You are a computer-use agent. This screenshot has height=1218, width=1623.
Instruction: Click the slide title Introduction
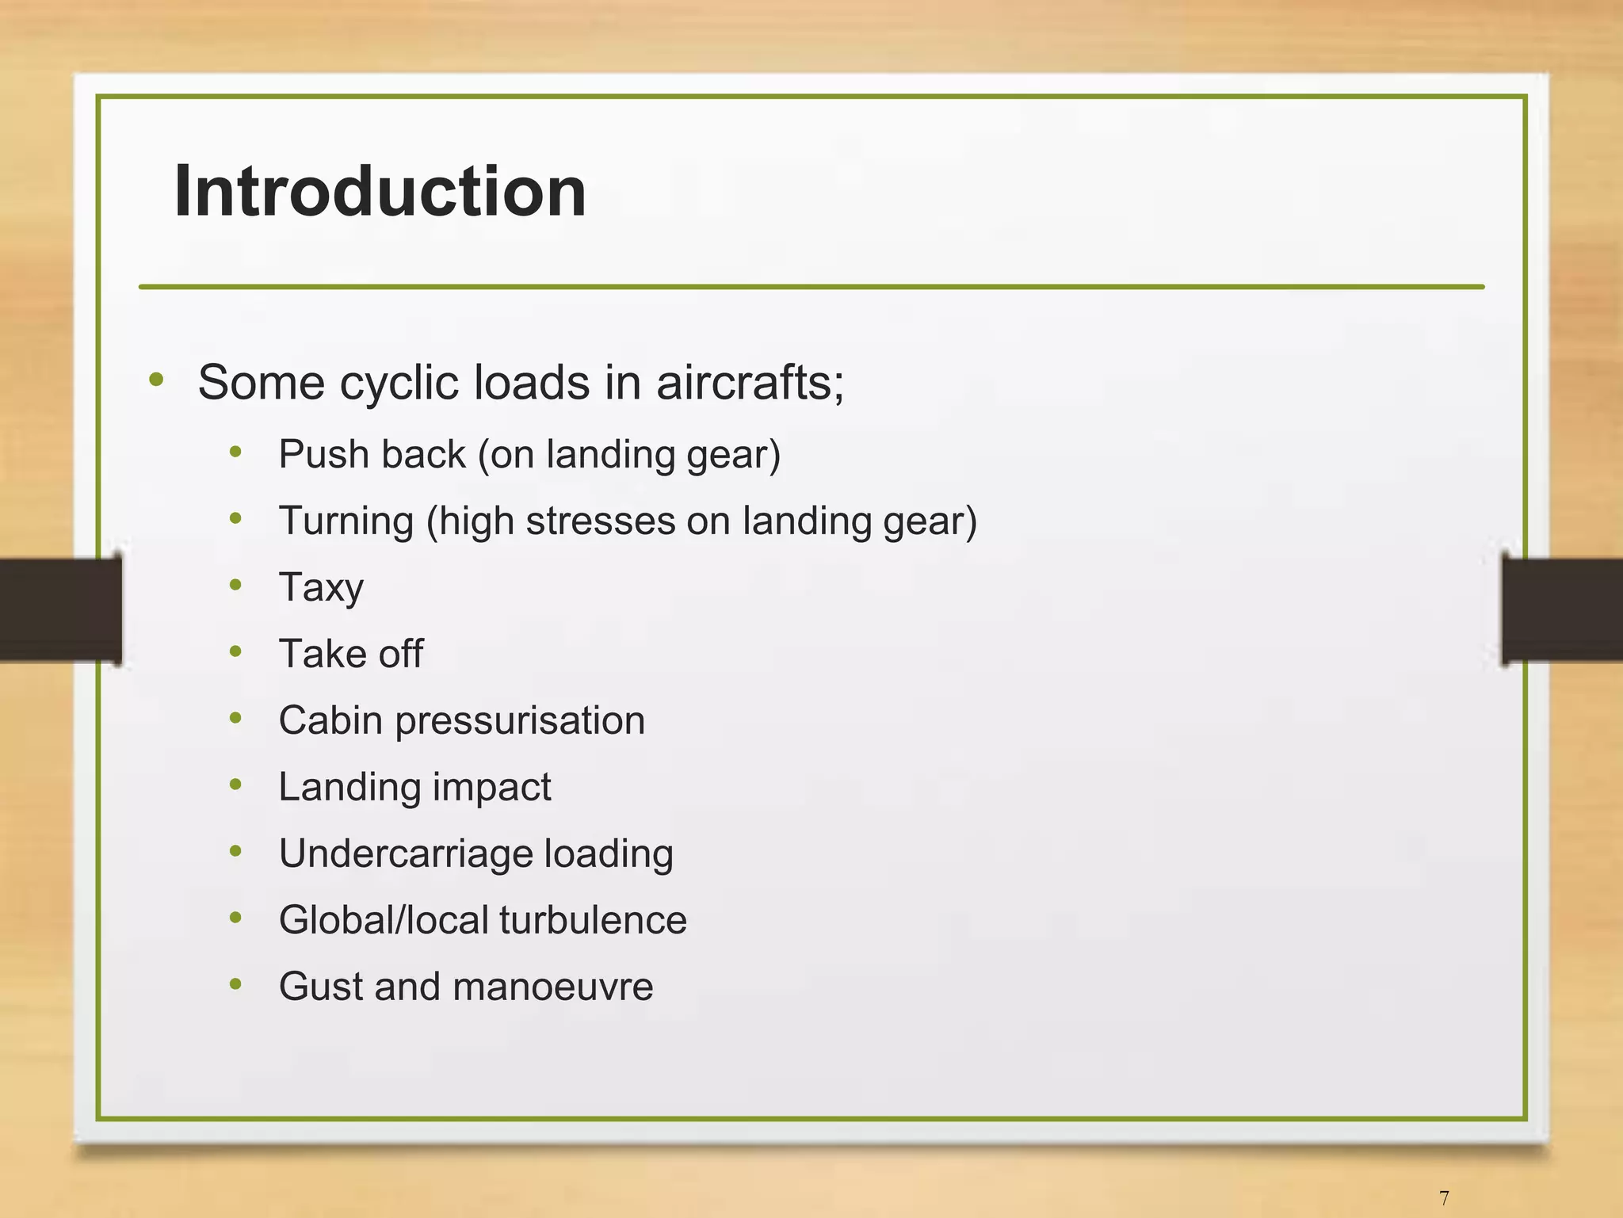(380, 191)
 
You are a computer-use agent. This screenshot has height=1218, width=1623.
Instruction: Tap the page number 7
(1444, 1197)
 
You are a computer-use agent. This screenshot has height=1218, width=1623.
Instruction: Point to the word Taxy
(321, 588)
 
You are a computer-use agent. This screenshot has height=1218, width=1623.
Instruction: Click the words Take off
(350, 654)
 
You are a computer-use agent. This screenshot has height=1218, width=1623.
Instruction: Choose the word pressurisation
(520, 721)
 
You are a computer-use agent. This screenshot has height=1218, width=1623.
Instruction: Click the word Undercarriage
(406, 854)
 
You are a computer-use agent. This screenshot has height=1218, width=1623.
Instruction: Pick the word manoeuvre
(553, 987)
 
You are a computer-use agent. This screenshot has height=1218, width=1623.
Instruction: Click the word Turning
(346, 521)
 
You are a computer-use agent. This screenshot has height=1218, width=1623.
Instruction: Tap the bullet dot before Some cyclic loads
(156, 380)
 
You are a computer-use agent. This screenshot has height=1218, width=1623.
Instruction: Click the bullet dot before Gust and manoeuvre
(235, 984)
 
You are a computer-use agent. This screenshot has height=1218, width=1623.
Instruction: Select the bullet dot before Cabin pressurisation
(235, 718)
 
